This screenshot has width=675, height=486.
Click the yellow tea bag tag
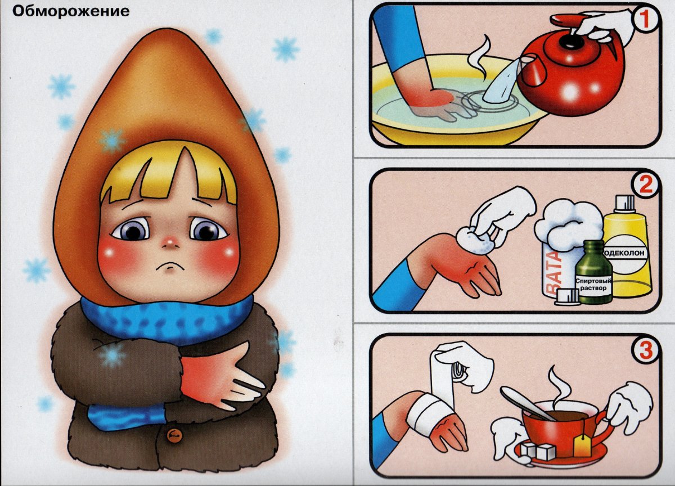pos(582,448)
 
